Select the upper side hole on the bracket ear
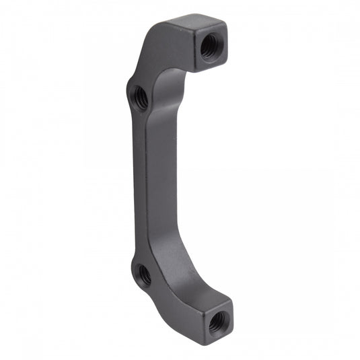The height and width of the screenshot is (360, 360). [x=140, y=98]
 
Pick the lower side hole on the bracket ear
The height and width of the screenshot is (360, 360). [x=143, y=274]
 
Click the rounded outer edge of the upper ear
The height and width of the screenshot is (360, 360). [x=129, y=94]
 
